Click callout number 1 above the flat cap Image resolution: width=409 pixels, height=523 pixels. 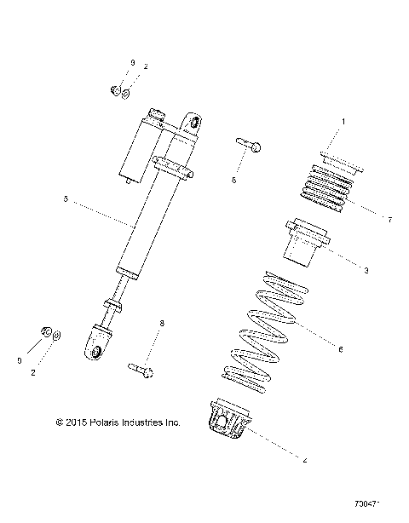point(343,123)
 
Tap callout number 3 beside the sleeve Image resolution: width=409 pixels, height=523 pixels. point(366,271)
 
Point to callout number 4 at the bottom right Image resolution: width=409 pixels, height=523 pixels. point(305,461)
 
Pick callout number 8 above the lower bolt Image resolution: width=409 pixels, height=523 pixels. point(161,324)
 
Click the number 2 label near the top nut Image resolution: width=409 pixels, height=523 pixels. point(146,66)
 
